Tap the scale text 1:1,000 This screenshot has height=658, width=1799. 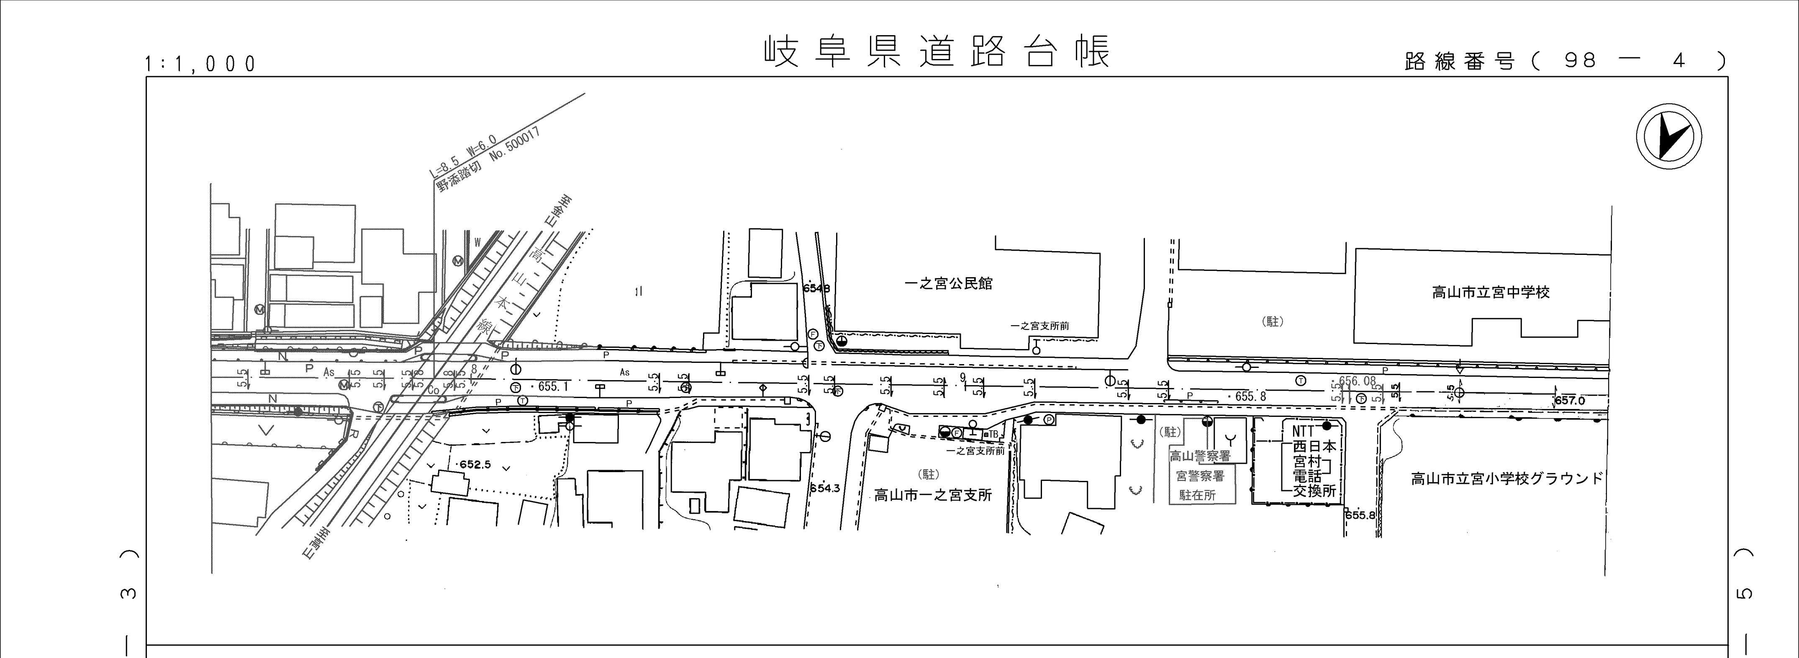coord(200,64)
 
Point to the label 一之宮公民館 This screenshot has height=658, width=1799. coord(948,284)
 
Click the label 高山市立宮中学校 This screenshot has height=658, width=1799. coord(1490,293)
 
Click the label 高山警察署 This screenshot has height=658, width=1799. coord(1200,457)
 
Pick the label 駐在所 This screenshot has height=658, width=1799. coord(1197,495)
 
